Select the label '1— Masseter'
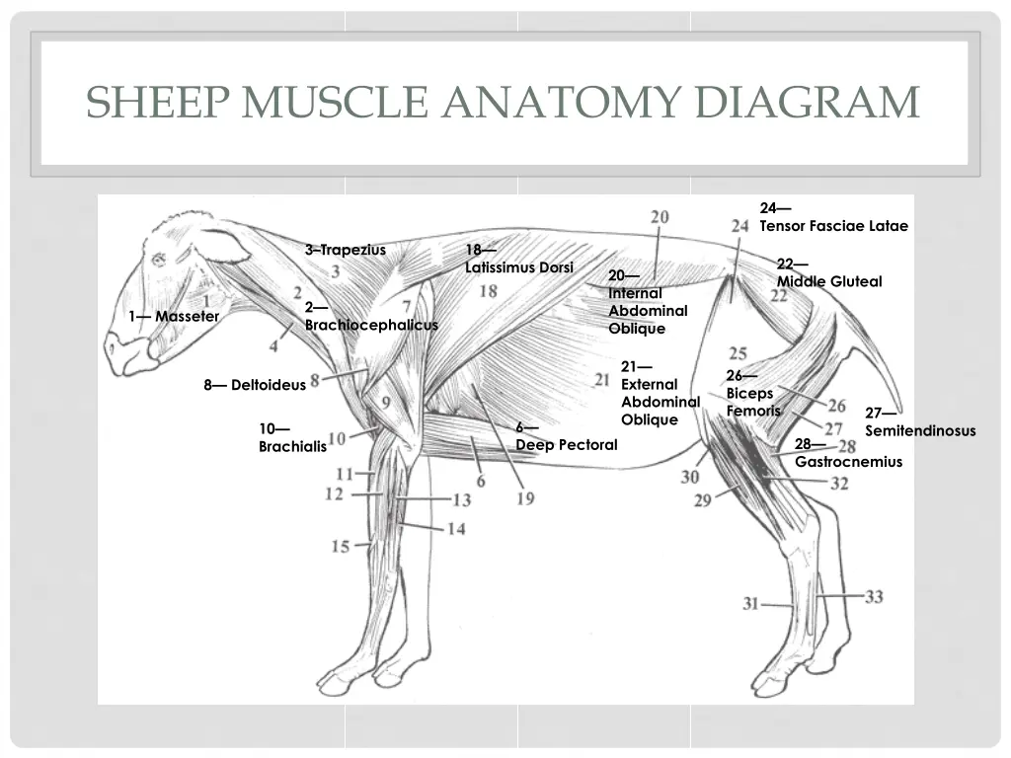click(x=174, y=316)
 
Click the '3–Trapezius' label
click(x=346, y=250)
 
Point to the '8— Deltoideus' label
click(x=255, y=385)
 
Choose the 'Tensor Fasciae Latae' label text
click(x=833, y=226)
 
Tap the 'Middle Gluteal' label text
click(x=829, y=281)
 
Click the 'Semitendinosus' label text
click(x=920, y=430)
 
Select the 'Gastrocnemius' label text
click(x=848, y=461)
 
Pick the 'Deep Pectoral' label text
click(x=567, y=444)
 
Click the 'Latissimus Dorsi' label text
click(x=518, y=267)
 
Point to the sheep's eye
click(x=158, y=260)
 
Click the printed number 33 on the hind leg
click(x=874, y=596)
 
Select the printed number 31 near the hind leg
click(x=750, y=603)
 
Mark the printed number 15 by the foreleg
click(x=340, y=546)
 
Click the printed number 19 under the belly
click(x=524, y=498)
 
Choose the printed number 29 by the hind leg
click(x=702, y=500)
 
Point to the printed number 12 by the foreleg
click(x=334, y=493)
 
